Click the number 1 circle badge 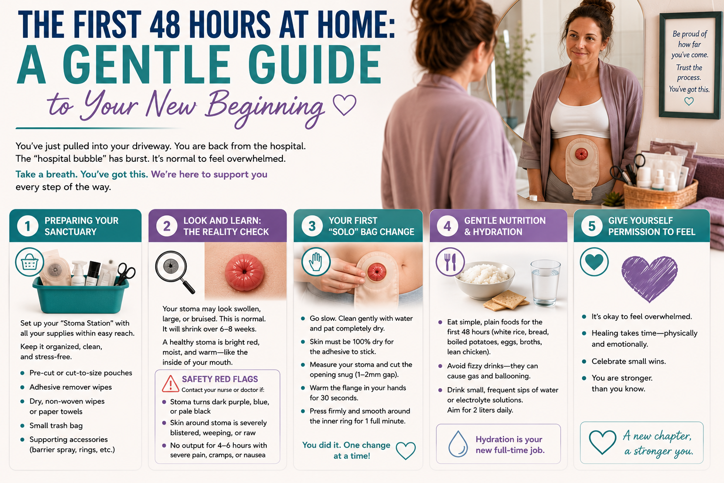[27, 226]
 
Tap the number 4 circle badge [447, 226]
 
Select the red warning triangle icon [170, 383]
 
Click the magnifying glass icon [175, 272]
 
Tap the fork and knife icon [450, 262]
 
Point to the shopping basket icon [29, 262]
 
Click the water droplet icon [458, 443]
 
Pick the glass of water [545, 283]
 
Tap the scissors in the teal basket [125, 275]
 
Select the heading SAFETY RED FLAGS [220, 379]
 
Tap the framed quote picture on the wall [690, 65]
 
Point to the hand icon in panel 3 [316, 262]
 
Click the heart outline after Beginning [345, 105]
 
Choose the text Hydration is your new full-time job [510, 444]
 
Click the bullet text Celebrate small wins [629, 361]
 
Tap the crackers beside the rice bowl [506, 300]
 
